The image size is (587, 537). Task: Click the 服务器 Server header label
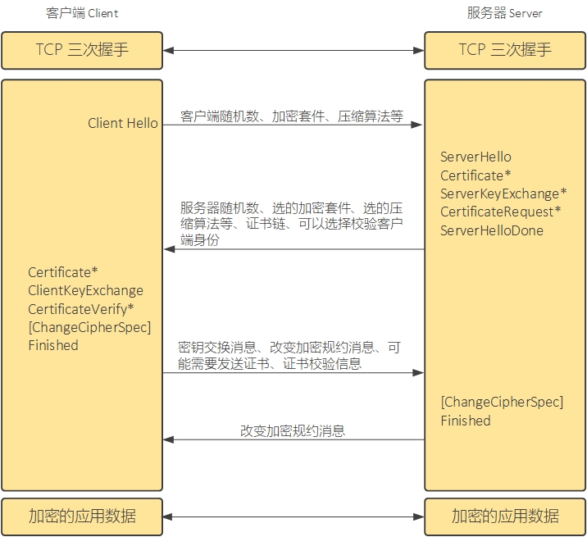(x=504, y=13)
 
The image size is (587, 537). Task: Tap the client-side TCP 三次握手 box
(x=81, y=50)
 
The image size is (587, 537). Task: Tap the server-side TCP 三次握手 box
(x=504, y=50)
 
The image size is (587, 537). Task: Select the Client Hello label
(x=123, y=124)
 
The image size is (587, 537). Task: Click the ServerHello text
(x=476, y=157)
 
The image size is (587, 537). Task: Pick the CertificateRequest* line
(x=500, y=212)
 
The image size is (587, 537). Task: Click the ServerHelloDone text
(x=492, y=230)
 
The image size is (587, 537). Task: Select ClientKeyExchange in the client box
(x=85, y=290)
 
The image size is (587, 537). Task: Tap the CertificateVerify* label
(x=81, y=308)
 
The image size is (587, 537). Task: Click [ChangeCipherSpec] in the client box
(x=89, y=327)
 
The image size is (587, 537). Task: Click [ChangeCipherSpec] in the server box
(x=502, y=402)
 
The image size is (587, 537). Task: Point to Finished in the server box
(x=466, y=421)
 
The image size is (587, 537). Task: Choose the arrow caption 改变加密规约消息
(x=293, y=430)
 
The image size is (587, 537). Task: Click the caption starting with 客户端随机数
(x=292, y=116)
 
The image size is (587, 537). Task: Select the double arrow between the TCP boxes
(x=293, y=51)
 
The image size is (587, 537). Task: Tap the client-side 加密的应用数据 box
(x=81, y=517)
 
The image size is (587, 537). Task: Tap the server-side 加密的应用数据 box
(x=504, y=517)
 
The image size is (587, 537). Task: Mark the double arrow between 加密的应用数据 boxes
(x=293, y=517)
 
